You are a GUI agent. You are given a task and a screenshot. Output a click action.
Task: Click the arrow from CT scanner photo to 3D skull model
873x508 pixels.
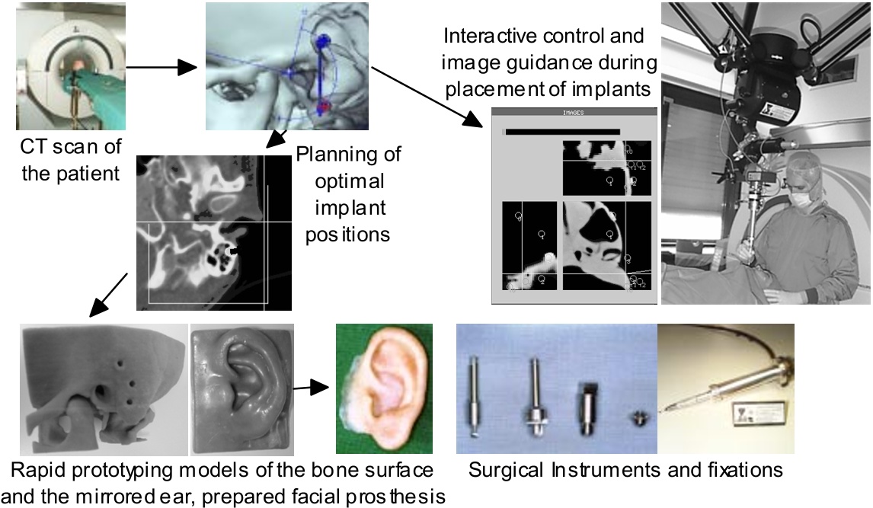[161, 68]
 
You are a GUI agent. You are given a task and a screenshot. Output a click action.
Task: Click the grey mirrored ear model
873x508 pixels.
[242, 389]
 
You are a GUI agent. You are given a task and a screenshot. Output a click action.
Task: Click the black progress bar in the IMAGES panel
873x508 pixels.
[562, 132]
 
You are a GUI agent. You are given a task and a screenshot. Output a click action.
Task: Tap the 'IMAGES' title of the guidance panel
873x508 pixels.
[573, 113]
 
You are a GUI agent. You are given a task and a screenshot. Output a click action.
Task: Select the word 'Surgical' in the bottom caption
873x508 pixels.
[506, 470]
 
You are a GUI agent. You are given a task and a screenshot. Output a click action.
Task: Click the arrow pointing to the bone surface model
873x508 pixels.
[109, 295]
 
